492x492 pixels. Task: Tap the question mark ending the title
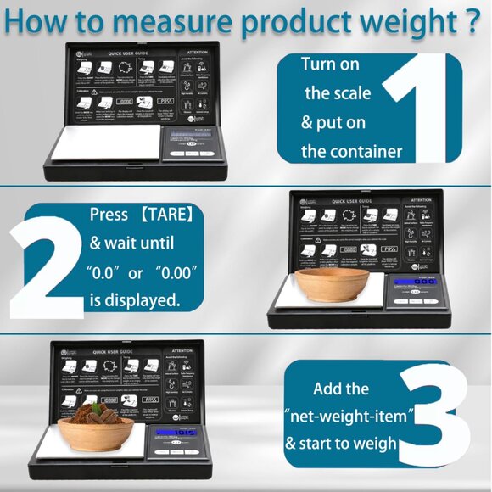[472, 20]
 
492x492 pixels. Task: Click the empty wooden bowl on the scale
[331, 285]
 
